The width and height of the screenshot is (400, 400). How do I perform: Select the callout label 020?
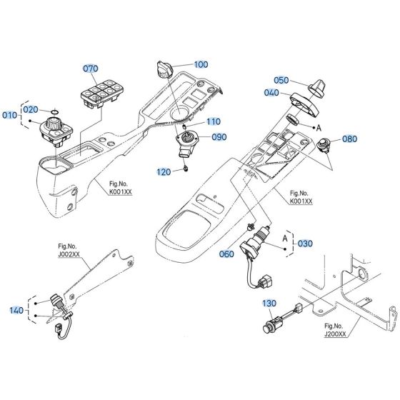pos(31,109)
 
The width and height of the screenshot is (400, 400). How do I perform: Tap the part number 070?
pos(91,69)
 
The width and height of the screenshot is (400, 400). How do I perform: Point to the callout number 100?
pos(201,64)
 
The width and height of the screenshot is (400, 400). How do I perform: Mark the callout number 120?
pos(164,172)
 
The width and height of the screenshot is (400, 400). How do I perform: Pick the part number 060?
pos(226,254)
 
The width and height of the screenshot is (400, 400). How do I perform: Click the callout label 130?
pos(269,304)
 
